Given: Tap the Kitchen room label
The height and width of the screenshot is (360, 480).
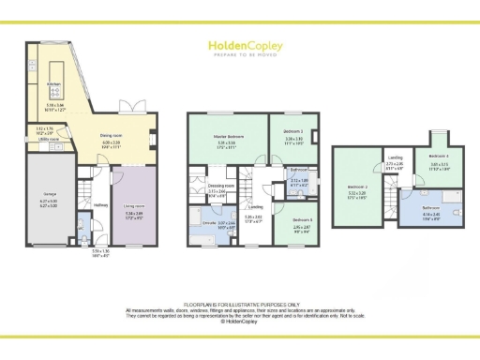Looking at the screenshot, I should [53, 83].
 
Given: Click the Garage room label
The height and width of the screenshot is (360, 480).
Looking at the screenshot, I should [49, 194].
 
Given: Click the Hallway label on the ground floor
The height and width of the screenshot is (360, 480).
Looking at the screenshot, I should [101, 204].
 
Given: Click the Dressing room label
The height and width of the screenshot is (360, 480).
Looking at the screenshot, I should [217, 187].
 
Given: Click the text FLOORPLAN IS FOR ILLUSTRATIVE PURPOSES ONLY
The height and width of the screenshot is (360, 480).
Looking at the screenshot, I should [240, 305].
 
